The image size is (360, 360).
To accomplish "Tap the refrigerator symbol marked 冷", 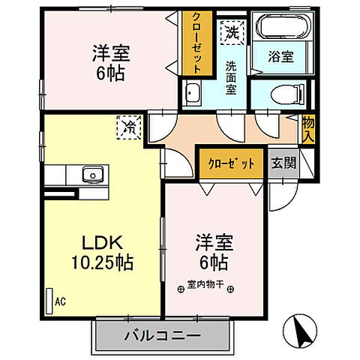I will pos(128,128).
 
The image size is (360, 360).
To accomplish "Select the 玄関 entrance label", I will pos(283,163).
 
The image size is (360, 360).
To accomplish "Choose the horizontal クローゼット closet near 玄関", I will pos(231,163).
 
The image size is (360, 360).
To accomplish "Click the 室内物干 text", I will pos(208,285).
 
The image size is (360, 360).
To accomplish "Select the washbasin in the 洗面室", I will pos(192,94).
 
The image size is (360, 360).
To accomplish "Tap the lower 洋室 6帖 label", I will pos(213,253).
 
